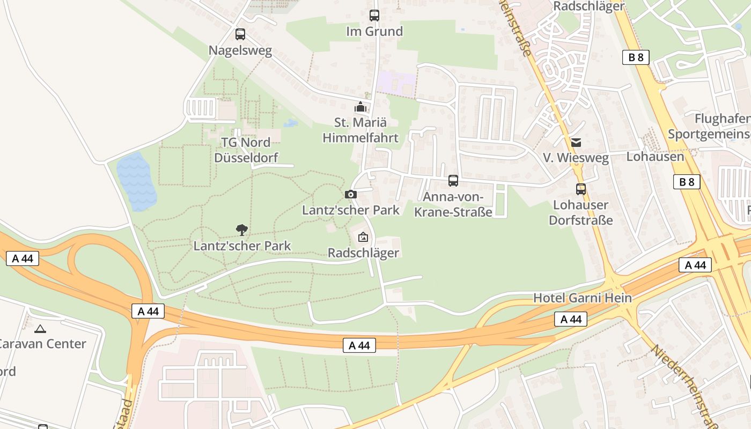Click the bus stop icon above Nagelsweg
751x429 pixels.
(x=240, y=34)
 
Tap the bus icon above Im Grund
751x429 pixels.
(x=374, y=16)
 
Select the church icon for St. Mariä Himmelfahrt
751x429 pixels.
(x=360, y=107)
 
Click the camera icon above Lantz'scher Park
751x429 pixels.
(x=351, y=194)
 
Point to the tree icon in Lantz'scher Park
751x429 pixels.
(x=242, y=230)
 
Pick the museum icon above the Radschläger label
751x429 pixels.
(x=363, y=236)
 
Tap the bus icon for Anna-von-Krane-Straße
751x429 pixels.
(x=453, y=181)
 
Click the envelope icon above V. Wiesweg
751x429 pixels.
(x=576, y=142)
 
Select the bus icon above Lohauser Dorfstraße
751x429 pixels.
(x=581, y=189)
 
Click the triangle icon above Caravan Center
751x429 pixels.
(x=40, y=328)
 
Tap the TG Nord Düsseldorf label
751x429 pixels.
(x=246, y=150)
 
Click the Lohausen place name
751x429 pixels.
(x=656, y=157)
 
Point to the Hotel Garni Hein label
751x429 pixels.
(x=582, y=298)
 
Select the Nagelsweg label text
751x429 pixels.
(x=240, y=51)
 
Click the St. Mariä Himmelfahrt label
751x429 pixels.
(x=360, y=130)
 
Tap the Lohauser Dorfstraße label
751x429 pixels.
(x=581, y=212)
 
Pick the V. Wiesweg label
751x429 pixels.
(x=576, y=158)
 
